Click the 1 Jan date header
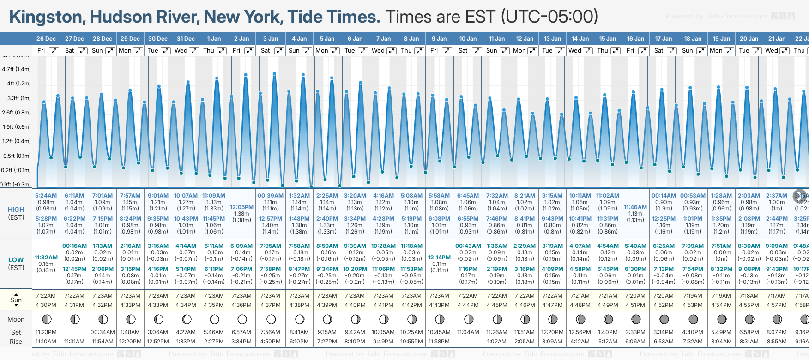point(214,39)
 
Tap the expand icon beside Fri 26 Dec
point(54,51)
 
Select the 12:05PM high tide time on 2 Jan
point(241,207)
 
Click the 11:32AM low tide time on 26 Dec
point(46,258)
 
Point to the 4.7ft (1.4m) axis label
point(17,69)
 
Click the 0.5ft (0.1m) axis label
point(17,156)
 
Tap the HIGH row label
point(16,210)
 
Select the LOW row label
point(16,260)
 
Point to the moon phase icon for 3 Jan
point(271,319)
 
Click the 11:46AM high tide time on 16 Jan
point(635,207)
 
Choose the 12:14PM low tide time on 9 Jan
point(439,258)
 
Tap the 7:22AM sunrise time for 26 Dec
point(46,296)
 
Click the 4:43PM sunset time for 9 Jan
point(439,305)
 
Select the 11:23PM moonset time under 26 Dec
point(46,332)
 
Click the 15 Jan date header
point(608,39)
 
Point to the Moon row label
point(16,319)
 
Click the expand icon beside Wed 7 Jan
point(391,51)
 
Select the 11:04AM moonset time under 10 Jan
point(468,332)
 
